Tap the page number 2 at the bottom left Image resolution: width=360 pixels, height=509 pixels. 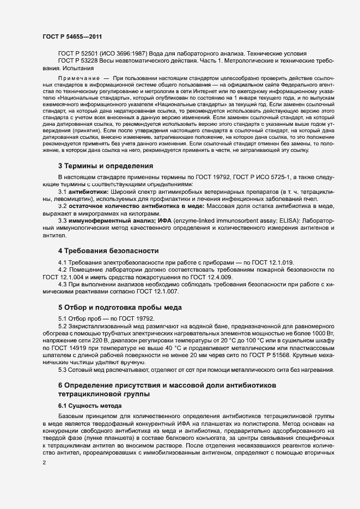click(44, 463)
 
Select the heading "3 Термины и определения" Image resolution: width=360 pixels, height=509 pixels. click(105, 181)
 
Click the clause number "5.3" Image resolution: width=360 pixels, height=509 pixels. click(63, 370)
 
